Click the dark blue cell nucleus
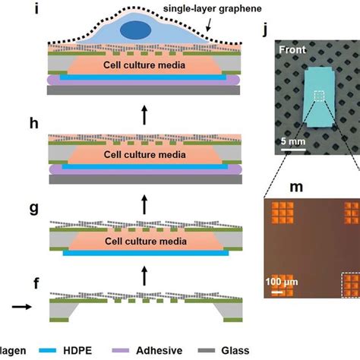pyautogui.click(x=136, y=29)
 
